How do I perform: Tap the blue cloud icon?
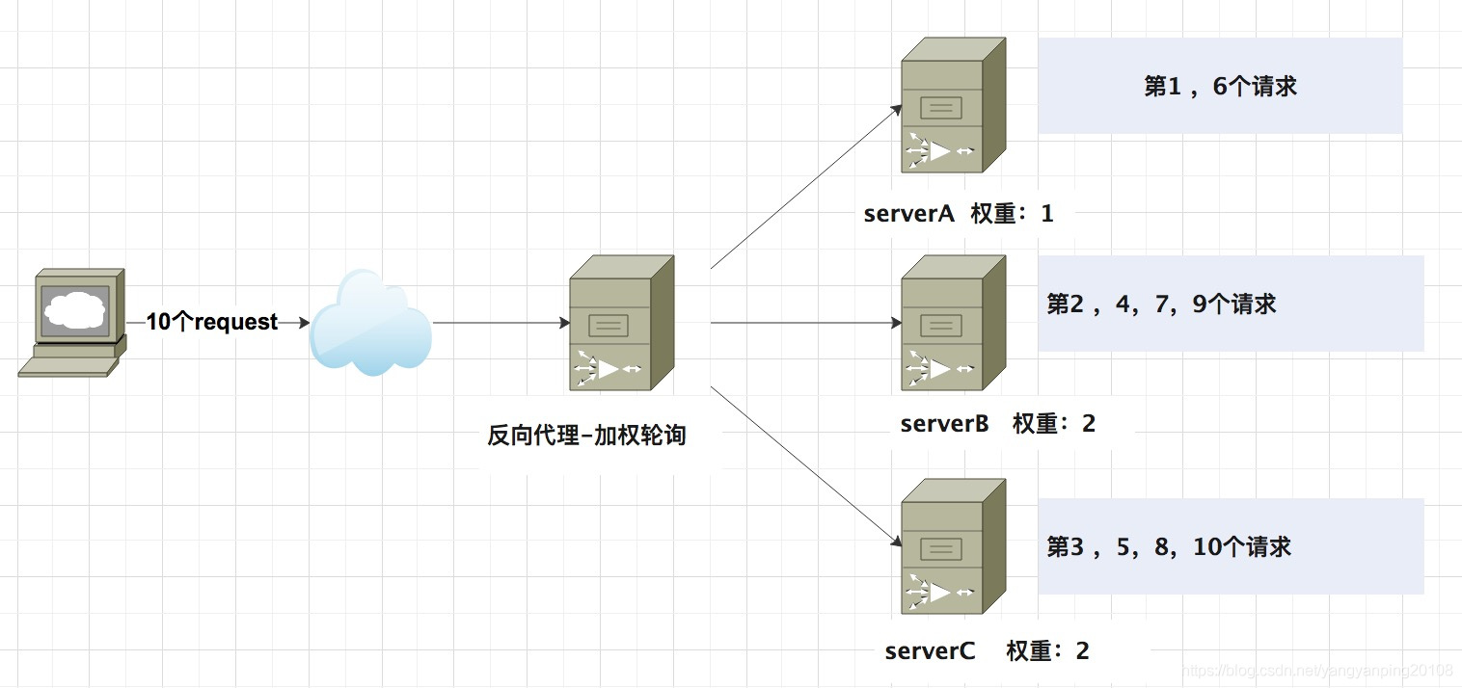370,324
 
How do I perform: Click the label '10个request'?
212,323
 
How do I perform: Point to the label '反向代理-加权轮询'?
586,436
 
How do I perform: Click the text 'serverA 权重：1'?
959,214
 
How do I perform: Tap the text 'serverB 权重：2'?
997,424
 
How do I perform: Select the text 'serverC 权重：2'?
987,651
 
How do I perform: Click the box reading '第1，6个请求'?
1219,87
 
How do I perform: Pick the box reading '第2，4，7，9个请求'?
1231,304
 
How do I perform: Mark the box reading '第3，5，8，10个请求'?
1231,547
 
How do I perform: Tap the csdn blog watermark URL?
1317,671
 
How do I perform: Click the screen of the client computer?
74,309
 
